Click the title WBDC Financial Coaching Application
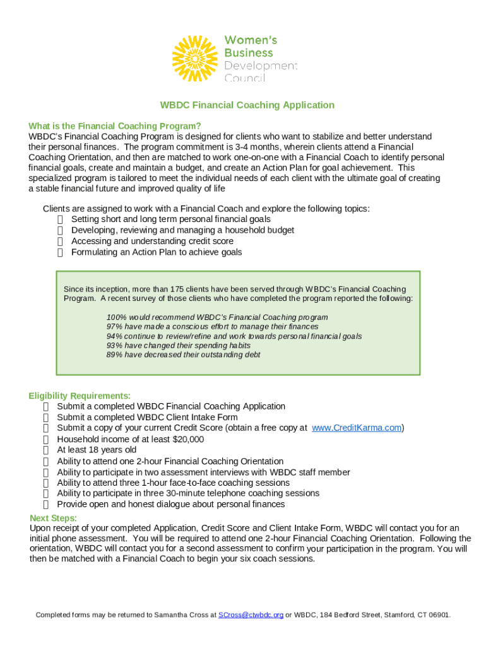(247, 105)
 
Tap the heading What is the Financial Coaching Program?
(115, 126)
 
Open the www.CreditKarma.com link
(357, 428)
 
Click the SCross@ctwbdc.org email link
(251, 614)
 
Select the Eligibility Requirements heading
(80, 396)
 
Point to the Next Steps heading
(54, 518)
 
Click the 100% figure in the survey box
(116, 317)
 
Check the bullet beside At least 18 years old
(46, 450)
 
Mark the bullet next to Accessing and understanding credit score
(60, 242)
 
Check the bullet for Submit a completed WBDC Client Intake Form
(46, 418)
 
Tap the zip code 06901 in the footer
(438, 614)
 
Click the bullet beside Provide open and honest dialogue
(46, 505)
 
